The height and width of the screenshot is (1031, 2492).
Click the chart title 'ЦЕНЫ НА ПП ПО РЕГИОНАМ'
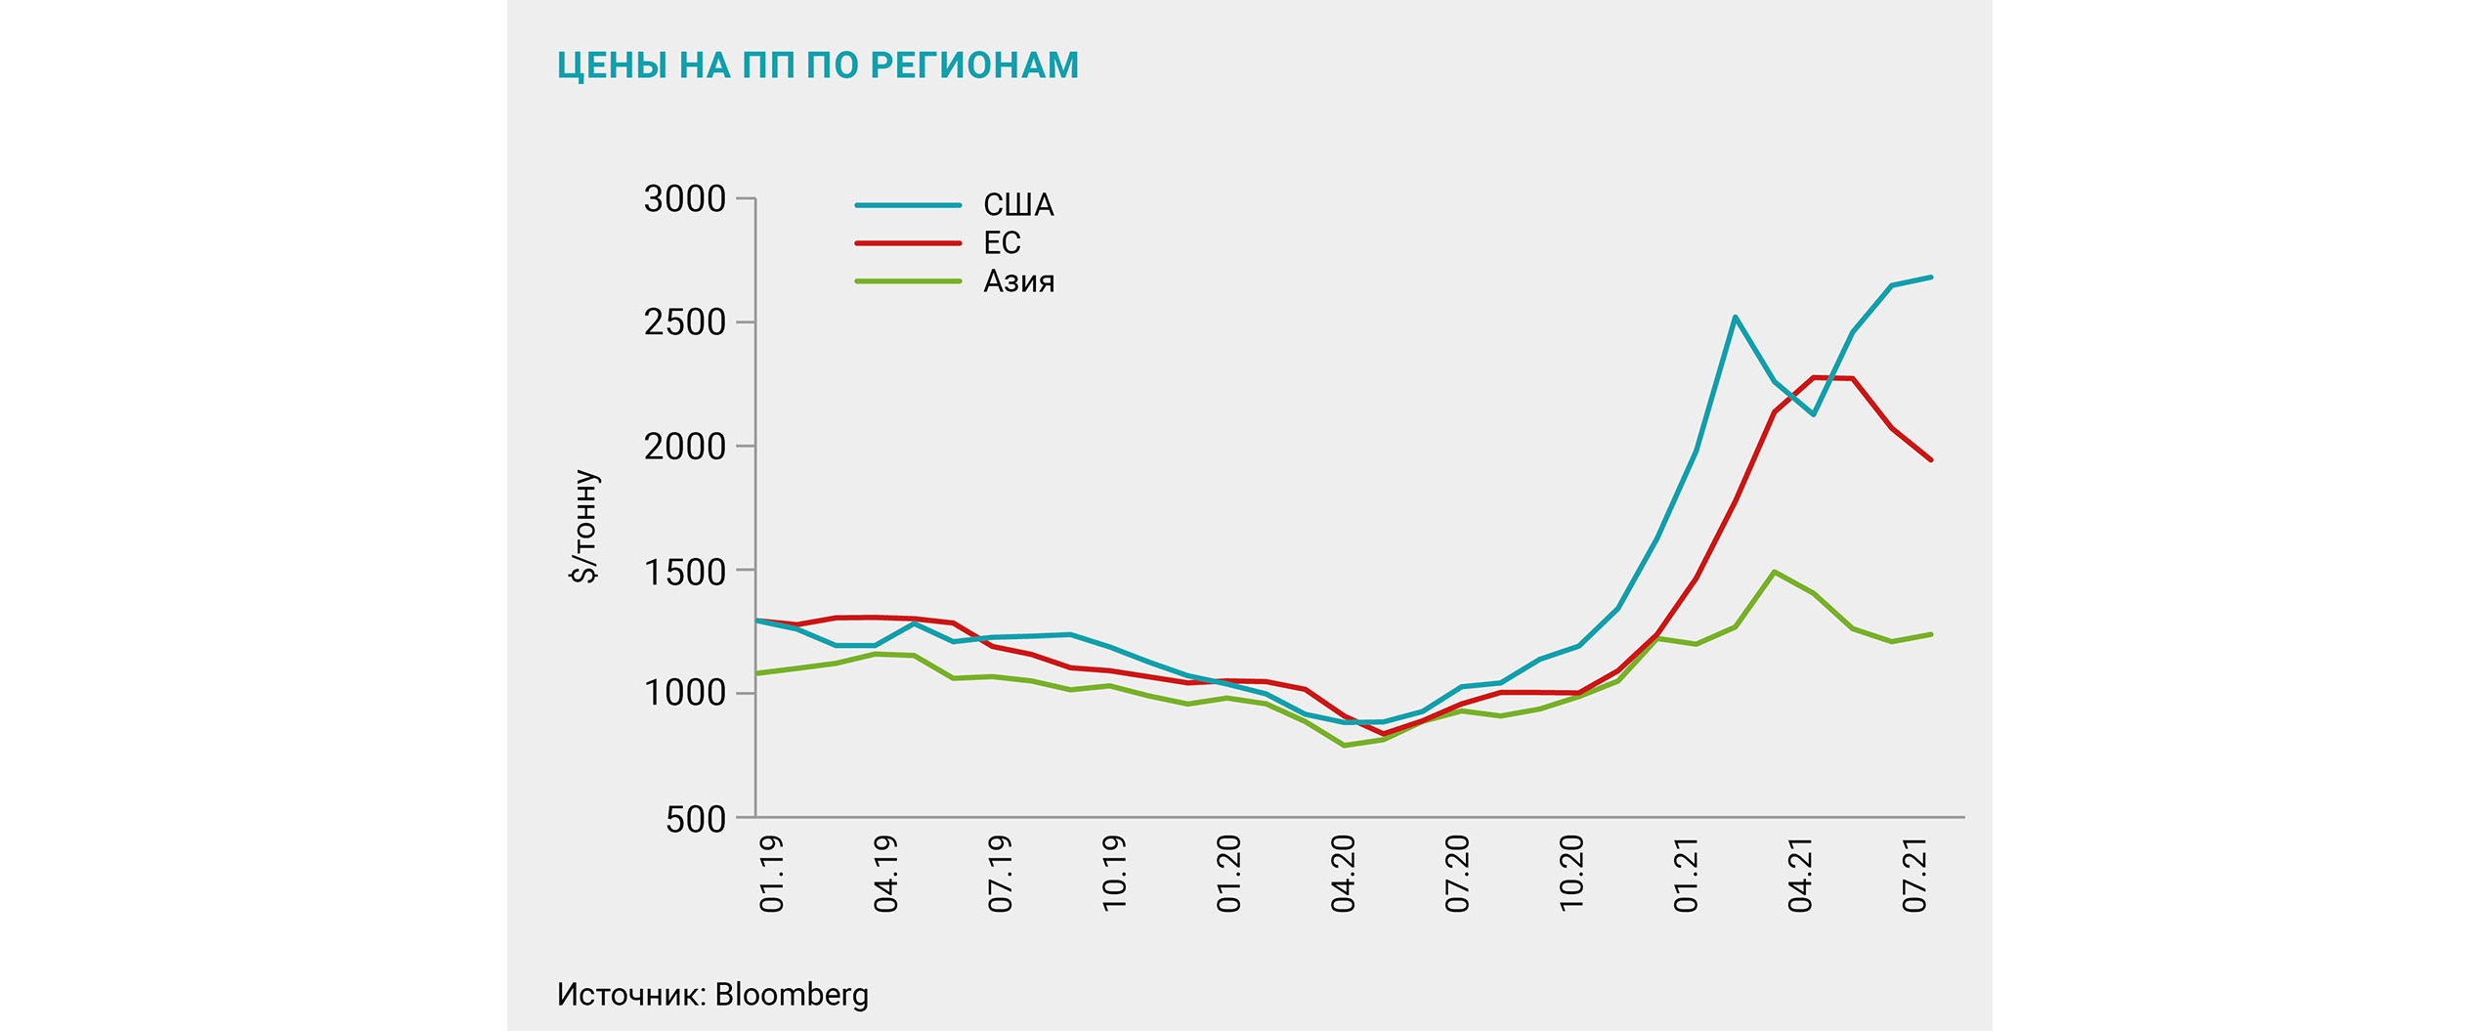tap(817, 65)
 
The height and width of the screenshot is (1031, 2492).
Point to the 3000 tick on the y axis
tap(684, 199)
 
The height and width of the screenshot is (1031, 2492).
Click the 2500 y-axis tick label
tap(684, 322)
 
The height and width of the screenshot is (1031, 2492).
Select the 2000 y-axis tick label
tap(684, 447)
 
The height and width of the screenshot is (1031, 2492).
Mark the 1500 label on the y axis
tap(684, 572)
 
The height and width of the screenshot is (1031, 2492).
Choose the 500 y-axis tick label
tap(696, 819)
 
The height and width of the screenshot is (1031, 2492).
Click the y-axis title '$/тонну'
tap(584, 526)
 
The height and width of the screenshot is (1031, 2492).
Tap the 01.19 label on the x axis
tap(772, 873)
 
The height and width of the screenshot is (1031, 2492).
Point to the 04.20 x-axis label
tap(1344, 873)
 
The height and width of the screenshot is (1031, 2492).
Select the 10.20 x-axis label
tap(1571, 873)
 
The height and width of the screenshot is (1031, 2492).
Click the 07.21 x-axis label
tap(1914, 873)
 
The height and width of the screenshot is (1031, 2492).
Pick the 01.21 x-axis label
tap(1686, 873)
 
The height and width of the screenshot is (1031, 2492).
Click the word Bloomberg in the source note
tap(791, 994)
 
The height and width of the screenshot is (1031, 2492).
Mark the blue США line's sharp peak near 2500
tap(1735, 317)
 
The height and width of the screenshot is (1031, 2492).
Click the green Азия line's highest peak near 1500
tap(1774, 572)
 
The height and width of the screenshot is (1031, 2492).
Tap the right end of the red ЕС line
tap(1931, 459)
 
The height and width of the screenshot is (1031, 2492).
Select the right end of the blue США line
tap(1931, 278)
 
